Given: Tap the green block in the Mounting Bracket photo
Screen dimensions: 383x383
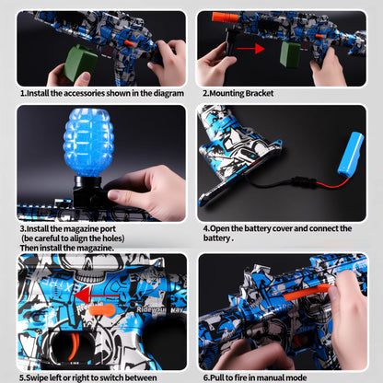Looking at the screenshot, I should point(291,52).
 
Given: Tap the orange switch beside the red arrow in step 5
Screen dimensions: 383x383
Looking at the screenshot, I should point(103,309).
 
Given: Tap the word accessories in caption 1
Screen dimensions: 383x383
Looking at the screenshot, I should point(86,93).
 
